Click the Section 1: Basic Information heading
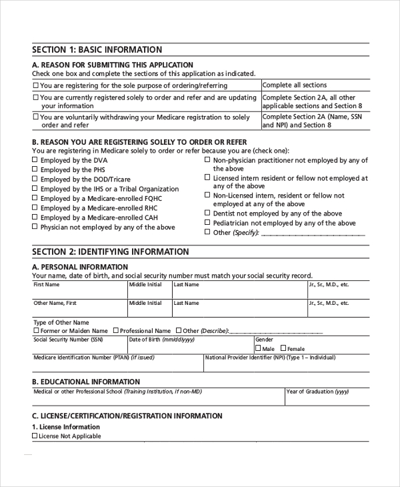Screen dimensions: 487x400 tap(97, 50)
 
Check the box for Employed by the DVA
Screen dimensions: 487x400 tap(35, 161)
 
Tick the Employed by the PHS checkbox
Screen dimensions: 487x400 tap(35, 170)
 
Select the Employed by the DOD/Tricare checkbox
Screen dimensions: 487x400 tap(35, 179)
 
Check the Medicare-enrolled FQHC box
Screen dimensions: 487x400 tap(35, 199)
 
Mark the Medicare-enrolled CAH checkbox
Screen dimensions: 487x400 tap(35, 217)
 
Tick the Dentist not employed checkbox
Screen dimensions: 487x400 tap(207, 213)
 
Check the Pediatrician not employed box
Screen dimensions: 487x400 tap(207, 223)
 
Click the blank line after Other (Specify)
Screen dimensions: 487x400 tap(313, 233)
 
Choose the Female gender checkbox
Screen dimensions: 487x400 tap(283, 348)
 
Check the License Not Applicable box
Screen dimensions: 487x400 tap(35, 436)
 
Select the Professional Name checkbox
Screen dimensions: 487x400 tap(115, 330)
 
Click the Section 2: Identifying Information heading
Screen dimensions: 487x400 tap(110, 252)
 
